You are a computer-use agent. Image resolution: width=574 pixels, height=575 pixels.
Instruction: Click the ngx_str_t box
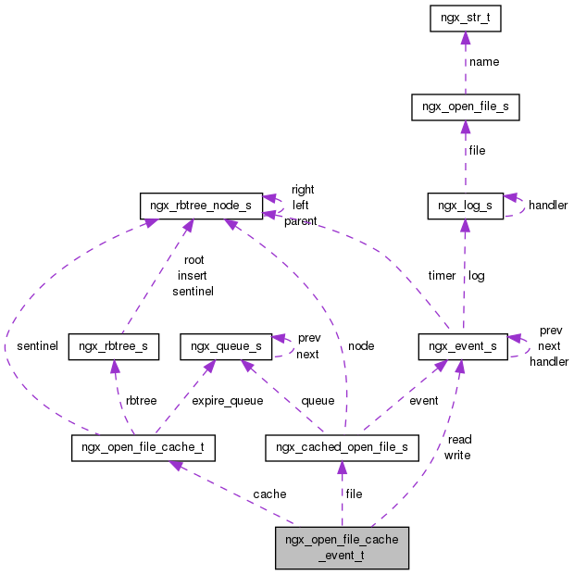pyautogui.click(x=465, y=18)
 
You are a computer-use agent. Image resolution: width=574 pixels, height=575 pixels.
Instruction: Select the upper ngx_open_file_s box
pyautogui.click(x=465, y=108)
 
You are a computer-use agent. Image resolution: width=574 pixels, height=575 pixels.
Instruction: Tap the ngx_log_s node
pyautogui.click(x=465, y=206)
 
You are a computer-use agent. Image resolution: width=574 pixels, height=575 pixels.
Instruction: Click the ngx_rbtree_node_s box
pyautogui.click(x=200, y=206)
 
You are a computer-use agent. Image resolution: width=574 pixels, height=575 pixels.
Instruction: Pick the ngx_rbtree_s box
pyautogui.click(x=114, y=347)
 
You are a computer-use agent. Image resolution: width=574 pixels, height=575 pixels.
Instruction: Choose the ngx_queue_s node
pyautogui.click(x=226, y=347)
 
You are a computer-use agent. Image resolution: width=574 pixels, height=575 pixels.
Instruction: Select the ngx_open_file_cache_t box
pyautogui.click(x=143, y=449)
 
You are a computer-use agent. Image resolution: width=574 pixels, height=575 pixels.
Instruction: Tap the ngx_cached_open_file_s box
pyautogui.click(x=342, y=449)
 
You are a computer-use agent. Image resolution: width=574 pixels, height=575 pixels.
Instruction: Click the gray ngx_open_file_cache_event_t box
pyautogui.click(x=342, y=546)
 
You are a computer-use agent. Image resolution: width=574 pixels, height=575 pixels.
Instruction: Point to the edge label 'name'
pyautogui.click(x=484, y=62)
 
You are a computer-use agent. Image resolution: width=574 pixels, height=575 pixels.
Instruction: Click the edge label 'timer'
pyautogui.click(x=442, y=276)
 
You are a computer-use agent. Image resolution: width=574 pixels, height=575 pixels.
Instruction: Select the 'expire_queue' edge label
pyautogui.click(x=227, y=401)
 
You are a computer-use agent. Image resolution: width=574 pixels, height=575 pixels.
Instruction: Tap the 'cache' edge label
pyautogui.click(x=269, y=494)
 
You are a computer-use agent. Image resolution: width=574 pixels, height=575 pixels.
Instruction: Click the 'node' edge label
pyautogui.click(x=361, y=346)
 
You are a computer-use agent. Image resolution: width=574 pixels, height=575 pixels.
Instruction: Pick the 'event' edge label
pyautogui.click(x=424, y=401)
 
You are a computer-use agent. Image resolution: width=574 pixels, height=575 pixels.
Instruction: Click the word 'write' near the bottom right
pyautogui.click(x=457, y=455)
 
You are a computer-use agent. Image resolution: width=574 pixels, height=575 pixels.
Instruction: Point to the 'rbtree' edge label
pyautogui.click(x=142, y=401)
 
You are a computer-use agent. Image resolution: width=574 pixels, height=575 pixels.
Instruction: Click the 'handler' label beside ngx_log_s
pyautogui.click(x=548, y=206)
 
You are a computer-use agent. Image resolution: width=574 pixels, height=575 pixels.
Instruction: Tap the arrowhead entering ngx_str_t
pyautogui.click(x=465, y=39)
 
